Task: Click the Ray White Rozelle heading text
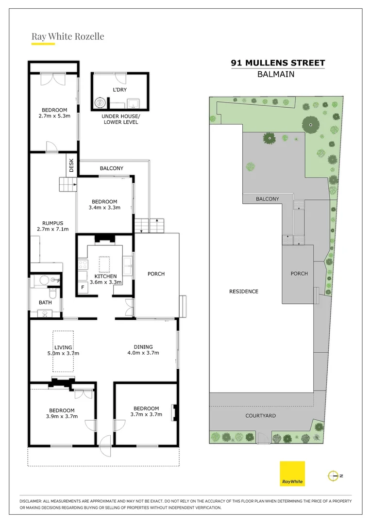[67, 36]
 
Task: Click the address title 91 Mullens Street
[278, 63]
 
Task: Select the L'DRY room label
[119, 91]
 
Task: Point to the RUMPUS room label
[52, 223]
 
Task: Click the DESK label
[71, 165]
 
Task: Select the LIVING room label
[63, 347]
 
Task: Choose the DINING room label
[143, 347]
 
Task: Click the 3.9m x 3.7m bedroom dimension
[61, 416]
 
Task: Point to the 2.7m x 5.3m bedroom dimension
[54, 116]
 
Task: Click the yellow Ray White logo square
[292, 474]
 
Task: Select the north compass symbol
[334, 476]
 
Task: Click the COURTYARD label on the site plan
[260, 416]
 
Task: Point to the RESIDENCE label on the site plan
[243, 292]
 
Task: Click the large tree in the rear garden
[310, 125]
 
